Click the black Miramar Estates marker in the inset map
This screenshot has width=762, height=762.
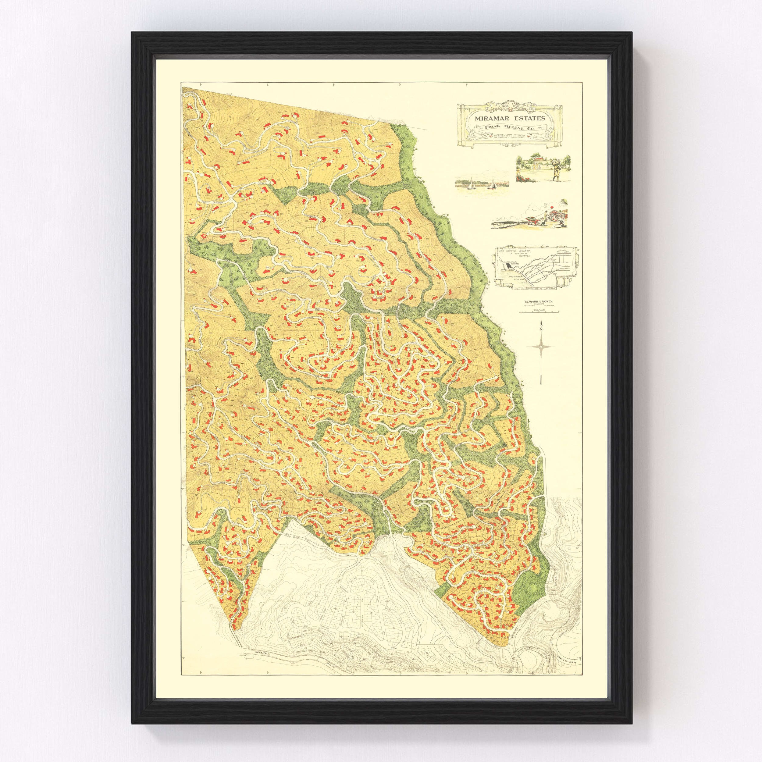(509, 265)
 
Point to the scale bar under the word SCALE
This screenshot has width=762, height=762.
(539, 312)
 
